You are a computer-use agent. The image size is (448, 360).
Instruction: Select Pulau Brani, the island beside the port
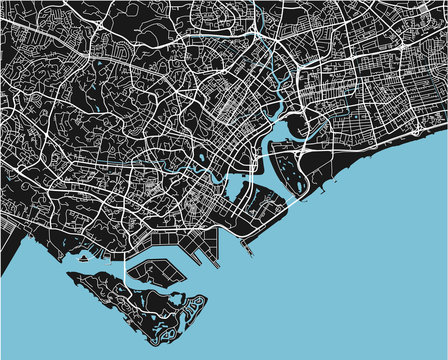(156, 272)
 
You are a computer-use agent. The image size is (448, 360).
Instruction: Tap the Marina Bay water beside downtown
(238, 187)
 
